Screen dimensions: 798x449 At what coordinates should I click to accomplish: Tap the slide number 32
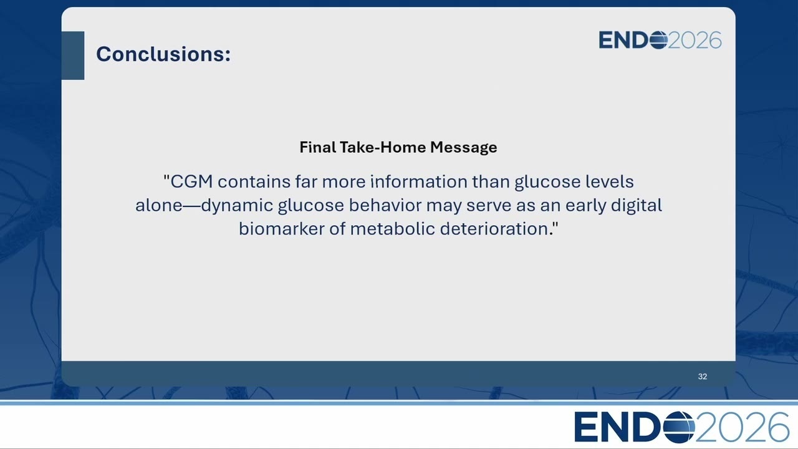tap(703, 377)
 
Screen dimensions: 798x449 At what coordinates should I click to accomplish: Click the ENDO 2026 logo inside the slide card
tap(660, 40)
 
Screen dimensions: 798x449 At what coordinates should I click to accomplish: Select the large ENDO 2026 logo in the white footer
tap(681, 427)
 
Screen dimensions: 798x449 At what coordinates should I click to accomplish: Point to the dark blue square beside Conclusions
tap(73, 56)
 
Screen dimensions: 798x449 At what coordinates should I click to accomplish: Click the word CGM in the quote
tap(191, 181)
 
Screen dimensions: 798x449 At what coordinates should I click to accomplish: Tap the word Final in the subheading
tap(317, 147)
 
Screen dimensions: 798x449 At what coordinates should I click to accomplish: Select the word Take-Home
tap(383, 147)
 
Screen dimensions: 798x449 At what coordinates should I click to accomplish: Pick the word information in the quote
tap(419, 181)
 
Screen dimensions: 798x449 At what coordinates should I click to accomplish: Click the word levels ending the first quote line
tap(610, 181)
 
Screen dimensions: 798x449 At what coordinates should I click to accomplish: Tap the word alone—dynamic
tap(204, 206)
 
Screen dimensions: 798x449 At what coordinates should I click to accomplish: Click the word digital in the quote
tap(637, 206)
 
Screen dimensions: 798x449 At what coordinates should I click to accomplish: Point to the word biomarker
tap(281, 228)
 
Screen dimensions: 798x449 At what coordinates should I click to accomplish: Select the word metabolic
tap(392, 228)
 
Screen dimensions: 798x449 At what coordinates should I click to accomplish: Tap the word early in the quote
tap(585, 206)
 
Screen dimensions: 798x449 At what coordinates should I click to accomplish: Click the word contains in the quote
tap(254, 181)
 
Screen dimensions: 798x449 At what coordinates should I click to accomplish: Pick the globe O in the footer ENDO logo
tap(680, 427)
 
